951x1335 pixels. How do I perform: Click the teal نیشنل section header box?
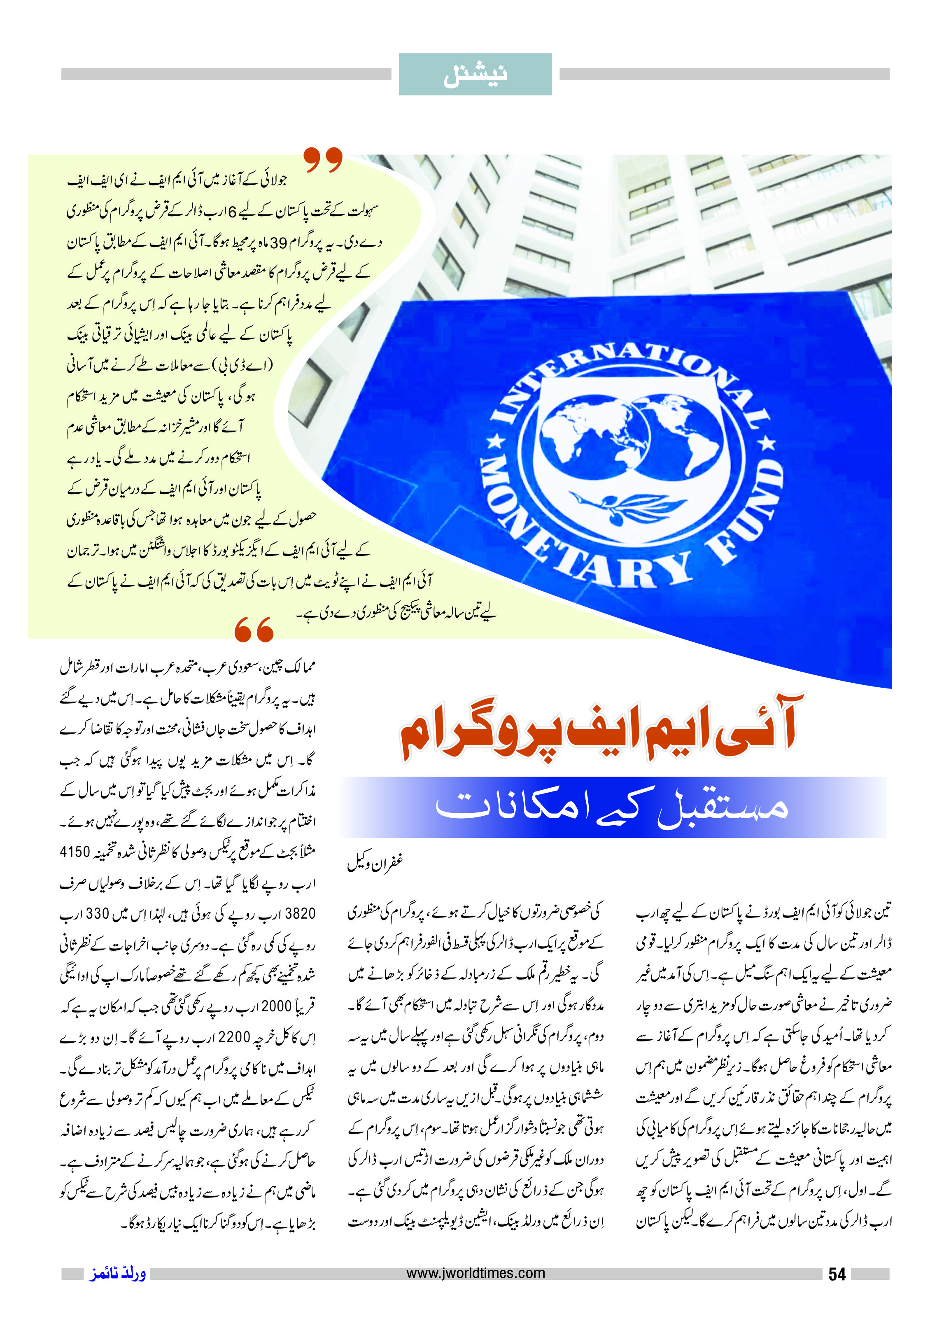[475, 75]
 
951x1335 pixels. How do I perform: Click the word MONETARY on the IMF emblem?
[562, 539]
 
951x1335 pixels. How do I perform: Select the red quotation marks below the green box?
[254, 629]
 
